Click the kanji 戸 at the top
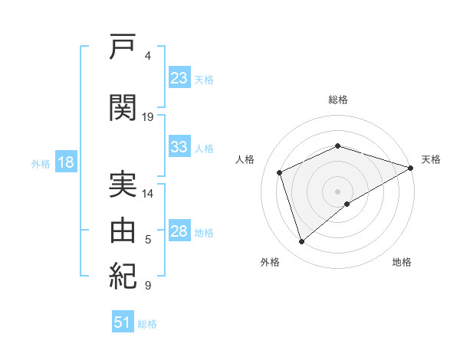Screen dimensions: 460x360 pyautogui.click(x=123, y=46)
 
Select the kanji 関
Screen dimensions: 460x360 pyautogui.click(x=123, y=107)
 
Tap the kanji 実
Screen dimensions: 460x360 pyautogui.click(x=123, y=184)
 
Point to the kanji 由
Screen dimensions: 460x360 pyautogui.click(x=123, y=230)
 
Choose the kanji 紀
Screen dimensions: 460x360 pyautogui.click(x=123, y=276)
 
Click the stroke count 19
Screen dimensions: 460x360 pyautogui.click(x=147, y=117)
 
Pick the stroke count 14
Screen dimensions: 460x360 pyautogui.click(x=147, y=194)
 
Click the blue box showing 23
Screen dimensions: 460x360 pyautogui.click(x=179, y=77)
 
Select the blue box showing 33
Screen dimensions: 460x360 pyautogui.click(x=179, y=146)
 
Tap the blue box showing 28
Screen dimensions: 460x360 pyautogui.click(x=179, y=230)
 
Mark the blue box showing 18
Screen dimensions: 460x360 pyautogui.click(x=66, y=162)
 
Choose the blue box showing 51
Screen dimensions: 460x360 pyautogui.click(x=123, y=321)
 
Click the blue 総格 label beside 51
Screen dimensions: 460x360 pyautogui.click(x=147, y=324)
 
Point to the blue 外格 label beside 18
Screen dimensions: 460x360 pyautogui.click(x=41, y=164)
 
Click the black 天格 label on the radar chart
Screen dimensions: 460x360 pyautogui.click(x=431, y=159)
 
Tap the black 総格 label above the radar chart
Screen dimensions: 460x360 pyautogui.click(x=338, y=100)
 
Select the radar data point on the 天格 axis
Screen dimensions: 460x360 pyautogui.click(x=411, y=168)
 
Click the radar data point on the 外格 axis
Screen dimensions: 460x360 pyautogui.click(x=301, y=242)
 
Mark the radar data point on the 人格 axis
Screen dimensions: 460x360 pyautogui.click(x=280, y=172)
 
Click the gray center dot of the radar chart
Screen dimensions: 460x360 pyautogui.click(x=337, y=191)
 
